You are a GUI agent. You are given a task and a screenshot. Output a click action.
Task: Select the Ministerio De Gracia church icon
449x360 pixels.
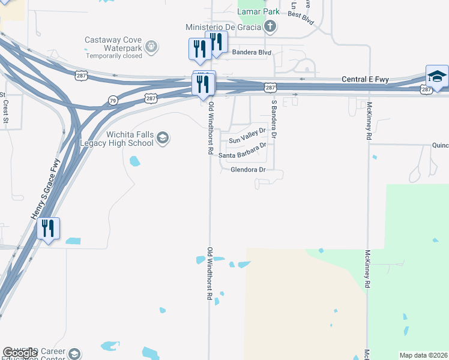click(x=270, y=26)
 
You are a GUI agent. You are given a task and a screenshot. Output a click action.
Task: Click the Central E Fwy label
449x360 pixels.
click(x=366, y=79)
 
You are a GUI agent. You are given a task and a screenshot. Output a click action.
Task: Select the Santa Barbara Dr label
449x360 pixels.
click(x=242, y=155)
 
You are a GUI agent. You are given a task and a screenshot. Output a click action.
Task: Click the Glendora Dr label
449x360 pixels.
click(x=248, y=170)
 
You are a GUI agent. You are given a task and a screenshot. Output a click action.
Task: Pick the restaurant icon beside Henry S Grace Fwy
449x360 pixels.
click(x=48, y=229)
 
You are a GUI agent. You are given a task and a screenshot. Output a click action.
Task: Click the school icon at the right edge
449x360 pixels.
click(x=437, y=76)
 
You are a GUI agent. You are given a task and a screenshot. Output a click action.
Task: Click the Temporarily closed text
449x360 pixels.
click(x=114, y=56)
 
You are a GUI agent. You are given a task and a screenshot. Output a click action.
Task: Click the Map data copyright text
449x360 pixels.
click(x=424, y=355)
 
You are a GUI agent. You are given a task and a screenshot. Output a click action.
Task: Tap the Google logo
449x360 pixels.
click(x=21, y=353)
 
